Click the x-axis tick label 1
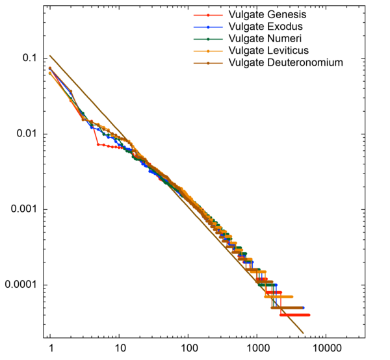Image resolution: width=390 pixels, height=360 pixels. coord(50,348)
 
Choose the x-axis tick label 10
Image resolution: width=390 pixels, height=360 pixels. coord(119,348)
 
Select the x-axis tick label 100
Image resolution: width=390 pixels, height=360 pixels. coord(188,348)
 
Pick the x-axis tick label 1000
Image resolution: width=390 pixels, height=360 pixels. coord(257,348)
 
